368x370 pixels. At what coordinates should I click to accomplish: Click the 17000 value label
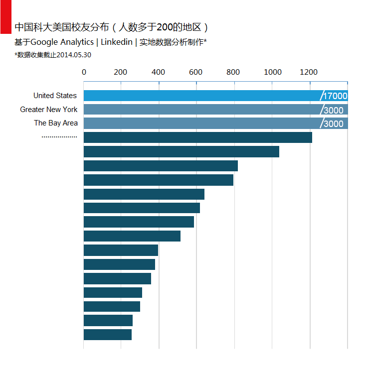[335, 96]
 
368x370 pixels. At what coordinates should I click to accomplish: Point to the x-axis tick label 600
[196, 72]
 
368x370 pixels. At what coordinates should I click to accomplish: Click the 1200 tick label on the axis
[309, 72]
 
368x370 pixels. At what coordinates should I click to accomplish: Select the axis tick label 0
[84, 72]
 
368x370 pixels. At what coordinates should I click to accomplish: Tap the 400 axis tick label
[158, 72]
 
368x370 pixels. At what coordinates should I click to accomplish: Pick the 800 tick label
[233, 72]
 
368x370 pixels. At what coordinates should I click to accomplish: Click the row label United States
[55, 96]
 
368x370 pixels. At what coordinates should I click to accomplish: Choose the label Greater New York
[49, 110]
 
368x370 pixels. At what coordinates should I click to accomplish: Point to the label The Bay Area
[56, 123]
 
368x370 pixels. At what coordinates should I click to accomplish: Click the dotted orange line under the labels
[59, 136]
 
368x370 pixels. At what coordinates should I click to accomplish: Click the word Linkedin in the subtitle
[117, 42]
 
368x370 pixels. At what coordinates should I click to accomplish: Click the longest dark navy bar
[197, 137]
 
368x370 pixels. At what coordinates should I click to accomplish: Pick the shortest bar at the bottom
[107, 335]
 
